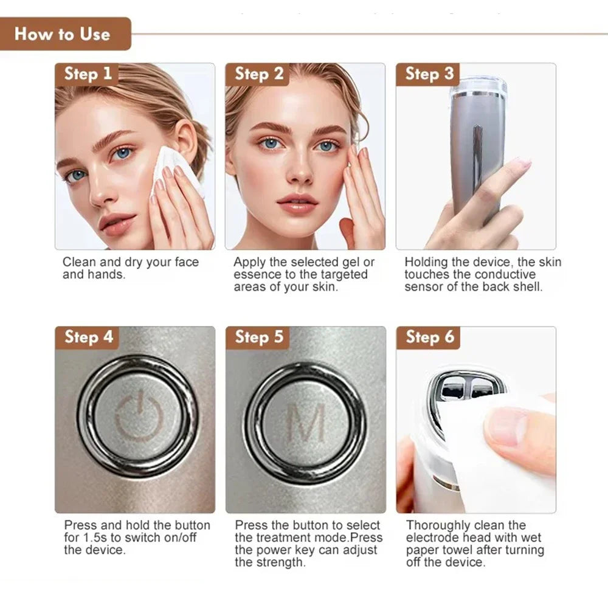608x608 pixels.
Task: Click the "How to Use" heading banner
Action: [63, 33]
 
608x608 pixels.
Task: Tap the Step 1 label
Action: [88, 74]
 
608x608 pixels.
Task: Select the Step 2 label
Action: [258, 74]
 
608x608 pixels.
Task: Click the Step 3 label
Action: [429, 74]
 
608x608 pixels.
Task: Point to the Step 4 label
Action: [88, 337]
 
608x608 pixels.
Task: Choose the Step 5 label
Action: [258, 337]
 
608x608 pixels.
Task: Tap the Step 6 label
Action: [429, 337]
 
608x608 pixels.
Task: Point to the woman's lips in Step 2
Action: [297, 202]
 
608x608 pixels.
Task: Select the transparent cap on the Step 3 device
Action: [479, 88]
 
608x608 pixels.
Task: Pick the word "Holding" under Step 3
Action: [427, 263]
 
